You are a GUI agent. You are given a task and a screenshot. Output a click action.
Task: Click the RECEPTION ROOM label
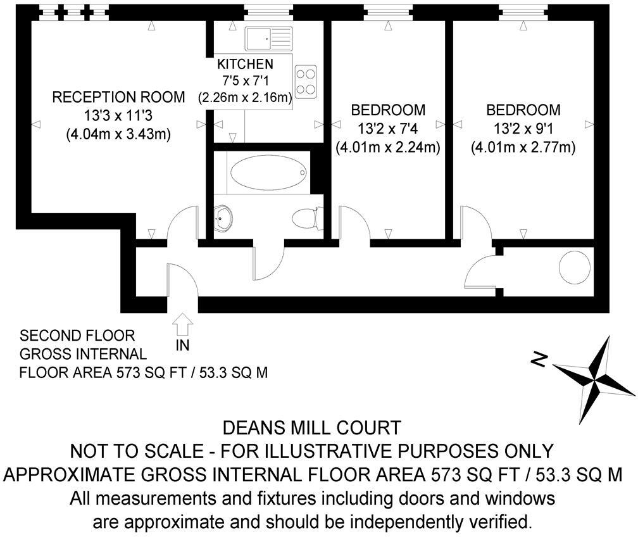pos(118,97)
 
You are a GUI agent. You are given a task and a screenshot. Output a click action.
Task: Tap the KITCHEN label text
pos(245,64)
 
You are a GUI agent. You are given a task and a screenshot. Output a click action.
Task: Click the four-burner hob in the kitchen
pos(306,81)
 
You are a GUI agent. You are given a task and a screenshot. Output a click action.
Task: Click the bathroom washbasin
pos(223,218)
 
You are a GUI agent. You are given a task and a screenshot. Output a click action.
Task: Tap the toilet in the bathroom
pos(307,218)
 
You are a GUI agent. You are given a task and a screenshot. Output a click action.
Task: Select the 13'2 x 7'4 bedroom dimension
pos(387,129)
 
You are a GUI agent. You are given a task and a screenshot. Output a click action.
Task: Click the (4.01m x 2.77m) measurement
pos(523,148)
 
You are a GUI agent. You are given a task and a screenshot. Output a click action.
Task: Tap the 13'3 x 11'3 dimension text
pos(118,115)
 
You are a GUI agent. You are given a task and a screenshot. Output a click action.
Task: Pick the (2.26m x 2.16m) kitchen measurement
pos(245,98)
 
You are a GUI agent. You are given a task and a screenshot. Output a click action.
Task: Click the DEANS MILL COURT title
pos(313,427)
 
